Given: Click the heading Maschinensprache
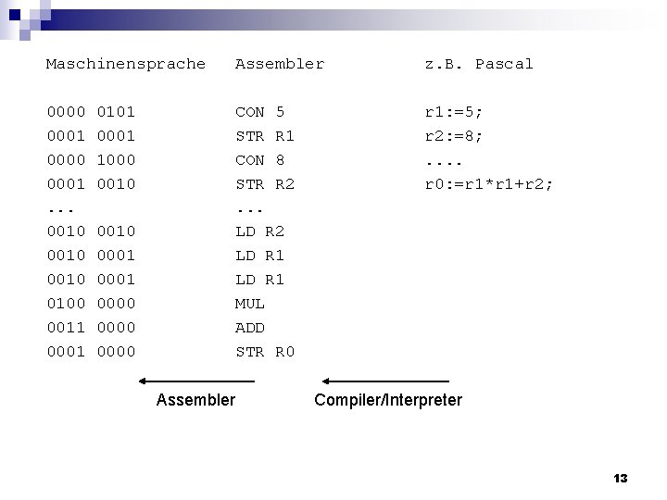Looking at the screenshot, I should [x=126, y=64].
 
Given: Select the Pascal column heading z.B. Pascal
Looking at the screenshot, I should [x=479, y=64].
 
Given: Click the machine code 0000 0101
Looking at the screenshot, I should [x=91, y=112].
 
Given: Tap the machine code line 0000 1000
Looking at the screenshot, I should [x=91, y=160].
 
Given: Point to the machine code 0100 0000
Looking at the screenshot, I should [x=91, y=303].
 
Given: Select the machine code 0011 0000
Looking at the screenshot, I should [x=91, y=327].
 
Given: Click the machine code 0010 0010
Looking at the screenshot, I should [x=91, y=231].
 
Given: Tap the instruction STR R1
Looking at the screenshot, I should [x=265, y=136].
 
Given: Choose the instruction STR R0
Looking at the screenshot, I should [x=265, y=351].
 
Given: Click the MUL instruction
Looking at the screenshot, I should [x=250, y=303].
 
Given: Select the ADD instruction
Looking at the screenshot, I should [x=250, y=327].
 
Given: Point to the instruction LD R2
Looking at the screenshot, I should [x=259, y=231].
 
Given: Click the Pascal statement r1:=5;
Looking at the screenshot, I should [x=454, y=112].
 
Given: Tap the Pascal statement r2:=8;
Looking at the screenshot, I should [x=454, y=136].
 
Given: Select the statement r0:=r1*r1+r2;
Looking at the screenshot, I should [x=489, y=184].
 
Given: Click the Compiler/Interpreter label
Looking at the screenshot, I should [x=388, y=400].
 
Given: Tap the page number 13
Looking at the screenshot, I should [x=621, y=479].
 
